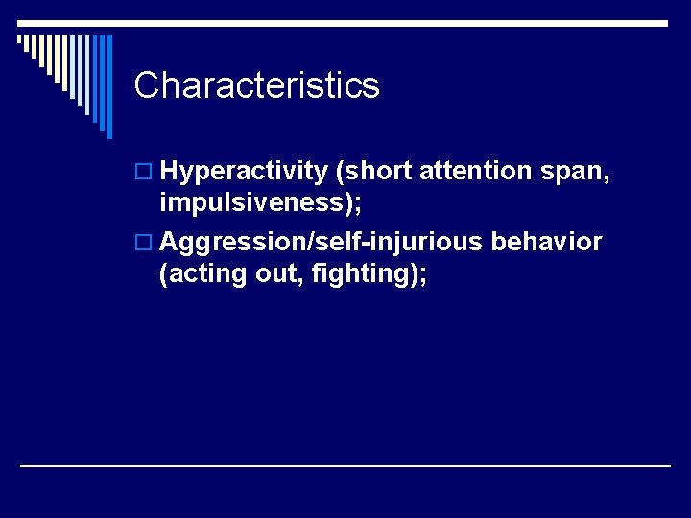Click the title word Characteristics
pyautogui.click(x=257, y=85)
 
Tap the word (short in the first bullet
pyautogui.click(x=373, y=172)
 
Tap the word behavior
pyautogui.click(x=546, y=241)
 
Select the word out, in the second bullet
pyautogui.click(x=279, y=274)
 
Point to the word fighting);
pyautogui.click(x=369, y=274)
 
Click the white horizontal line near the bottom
pyautogui.click(x=345, y=465)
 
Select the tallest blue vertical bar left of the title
pyautogui.click(x=108, y=86)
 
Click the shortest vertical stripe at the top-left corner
pyautogui.click(x=19, y=40)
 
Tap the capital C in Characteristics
pyautogui.click(x=146, y=85)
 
